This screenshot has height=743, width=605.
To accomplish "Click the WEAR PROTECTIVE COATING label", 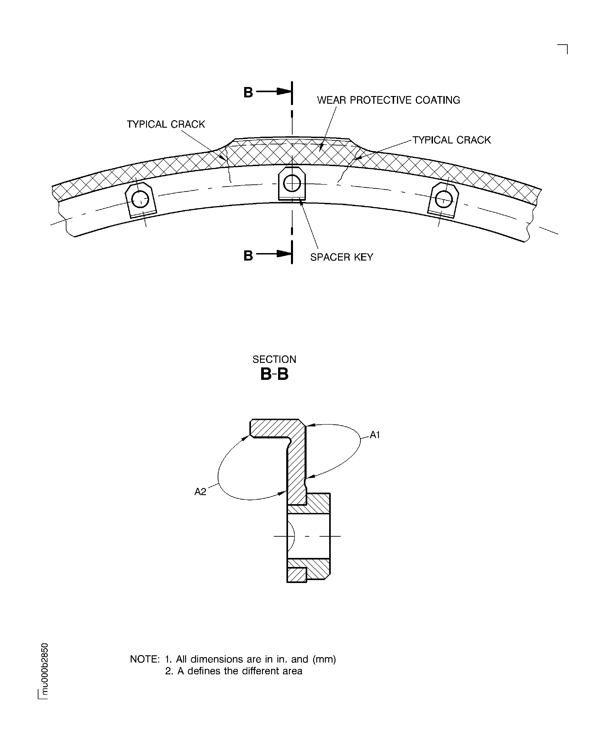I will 388,100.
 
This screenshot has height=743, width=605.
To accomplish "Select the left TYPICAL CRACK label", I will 166,124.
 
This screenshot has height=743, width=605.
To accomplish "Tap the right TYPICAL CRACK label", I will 452,140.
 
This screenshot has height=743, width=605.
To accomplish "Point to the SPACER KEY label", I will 342,257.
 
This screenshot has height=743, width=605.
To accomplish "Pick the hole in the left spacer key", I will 140,200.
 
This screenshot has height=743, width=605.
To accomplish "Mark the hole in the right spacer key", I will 444,200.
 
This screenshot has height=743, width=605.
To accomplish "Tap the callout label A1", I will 375,435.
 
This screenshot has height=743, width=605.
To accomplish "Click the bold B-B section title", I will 274,374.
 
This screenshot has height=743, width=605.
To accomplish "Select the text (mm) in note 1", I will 324,659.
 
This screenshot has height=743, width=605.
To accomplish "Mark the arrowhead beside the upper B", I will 284,92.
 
